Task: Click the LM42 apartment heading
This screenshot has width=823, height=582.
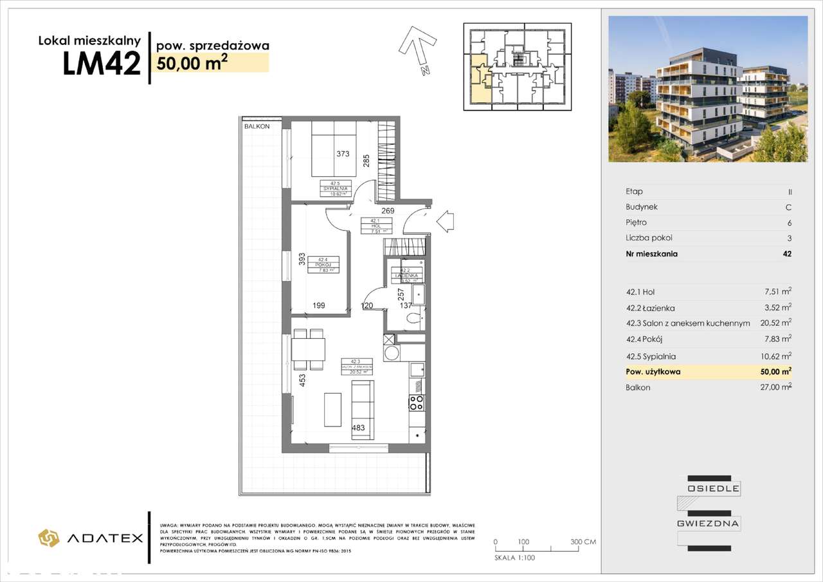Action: click(x=102, y=64)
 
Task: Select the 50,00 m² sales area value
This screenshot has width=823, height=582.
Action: click(x=190, y=62)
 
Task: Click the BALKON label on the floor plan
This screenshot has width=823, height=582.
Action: click(x=257, y=127)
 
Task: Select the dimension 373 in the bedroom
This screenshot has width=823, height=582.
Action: click(x=343, y=154)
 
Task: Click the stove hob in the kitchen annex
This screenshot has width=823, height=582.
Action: click(x=416, y=403)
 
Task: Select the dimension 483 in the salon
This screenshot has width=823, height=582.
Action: click(x=359, y=428)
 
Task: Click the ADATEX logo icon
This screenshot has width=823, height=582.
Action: click(x=49, y=538)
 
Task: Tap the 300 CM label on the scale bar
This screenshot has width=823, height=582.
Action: click(x=583, y=542)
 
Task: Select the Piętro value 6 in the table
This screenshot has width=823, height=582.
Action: click(x=789, y=223)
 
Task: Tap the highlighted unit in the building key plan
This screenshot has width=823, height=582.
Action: click(x=478, y=77)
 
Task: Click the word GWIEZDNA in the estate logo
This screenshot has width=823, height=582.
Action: click(x=712, y=523)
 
